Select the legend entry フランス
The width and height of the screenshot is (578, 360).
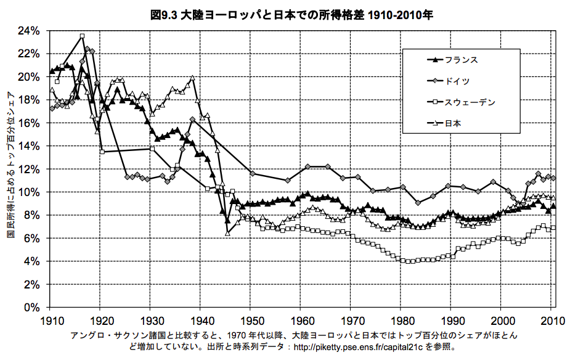click(461, 60)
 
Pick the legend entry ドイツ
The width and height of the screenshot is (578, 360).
click(457, 81)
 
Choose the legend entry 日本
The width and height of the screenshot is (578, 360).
click(453, 123)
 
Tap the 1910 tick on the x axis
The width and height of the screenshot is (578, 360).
click(52, 320)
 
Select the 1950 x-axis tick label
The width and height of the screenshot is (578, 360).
click(250, 320)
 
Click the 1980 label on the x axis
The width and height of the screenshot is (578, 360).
click(402, 320)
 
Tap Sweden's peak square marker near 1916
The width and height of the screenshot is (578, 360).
click(82, 36)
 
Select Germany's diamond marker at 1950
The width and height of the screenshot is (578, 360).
click(252, 174)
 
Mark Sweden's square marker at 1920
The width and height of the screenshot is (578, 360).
click(102, 152)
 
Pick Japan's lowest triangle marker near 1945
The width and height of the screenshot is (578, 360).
click(227, 233)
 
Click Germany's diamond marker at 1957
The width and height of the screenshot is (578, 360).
click(287, 180)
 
